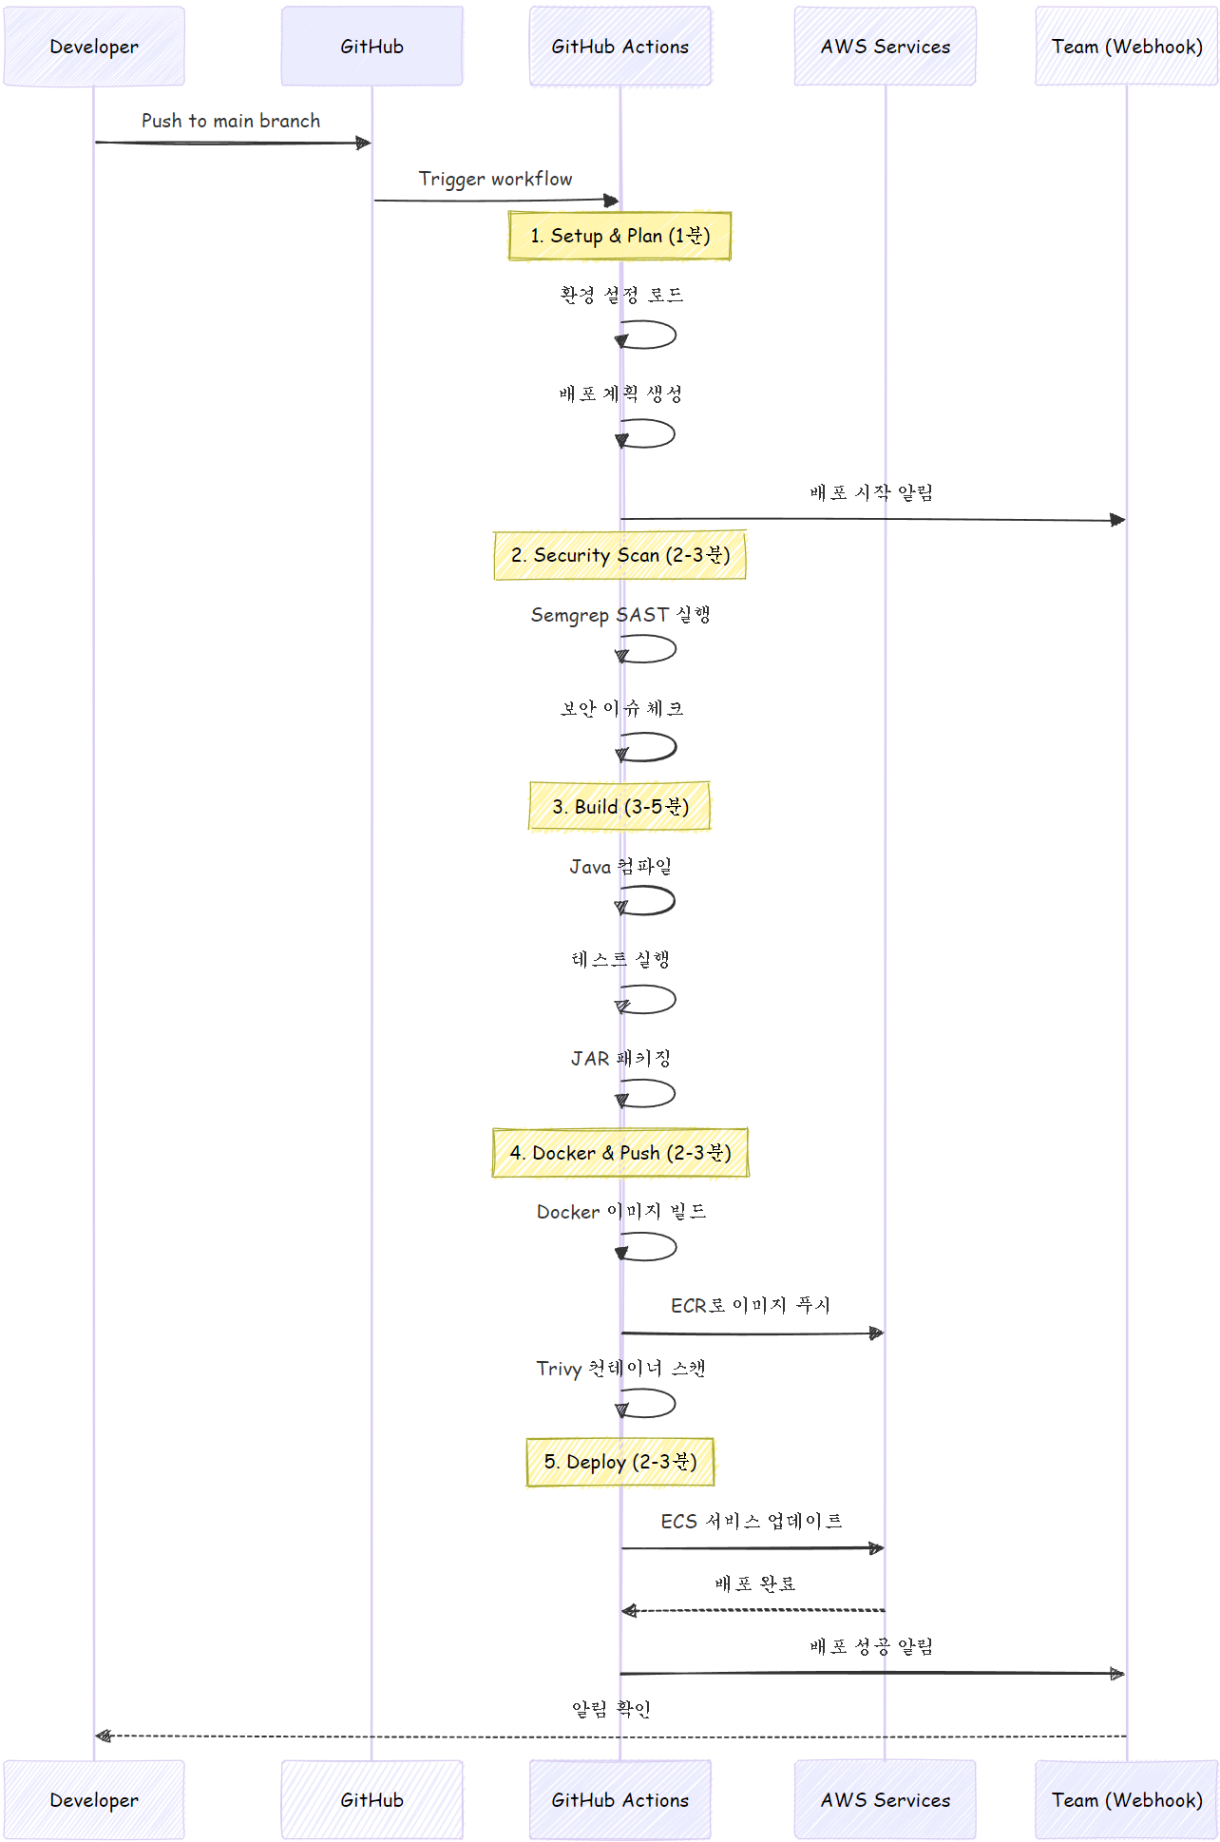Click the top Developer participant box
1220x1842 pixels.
(94, 46)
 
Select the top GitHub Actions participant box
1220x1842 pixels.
(620, 46)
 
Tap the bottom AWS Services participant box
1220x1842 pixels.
(885, 1799)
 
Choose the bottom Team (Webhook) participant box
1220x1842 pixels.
(1126, 1799)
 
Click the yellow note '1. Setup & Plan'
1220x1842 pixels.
(620, 236)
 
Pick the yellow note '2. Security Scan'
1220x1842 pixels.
(620, 555)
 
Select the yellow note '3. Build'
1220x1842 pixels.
(620, 807)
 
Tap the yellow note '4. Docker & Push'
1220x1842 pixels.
(620, 1153)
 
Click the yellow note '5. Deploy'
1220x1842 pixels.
(620, 1462)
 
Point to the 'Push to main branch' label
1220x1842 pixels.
(231, 121)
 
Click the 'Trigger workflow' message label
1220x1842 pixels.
(495, 179)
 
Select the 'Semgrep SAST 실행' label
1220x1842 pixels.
(620, 615)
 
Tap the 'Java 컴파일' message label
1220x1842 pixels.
(620, 867)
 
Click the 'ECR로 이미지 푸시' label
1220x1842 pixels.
(751, 1306)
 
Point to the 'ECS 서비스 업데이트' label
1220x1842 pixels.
(752, 1522)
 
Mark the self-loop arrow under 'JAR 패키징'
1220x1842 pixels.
(652, 1093)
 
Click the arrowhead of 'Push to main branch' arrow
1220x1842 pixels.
(364, 143)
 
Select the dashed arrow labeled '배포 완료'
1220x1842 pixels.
(753, 1610)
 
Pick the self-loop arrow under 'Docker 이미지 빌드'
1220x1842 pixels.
(652, 1246)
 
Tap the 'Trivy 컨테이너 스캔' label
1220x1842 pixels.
(620, 1369)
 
